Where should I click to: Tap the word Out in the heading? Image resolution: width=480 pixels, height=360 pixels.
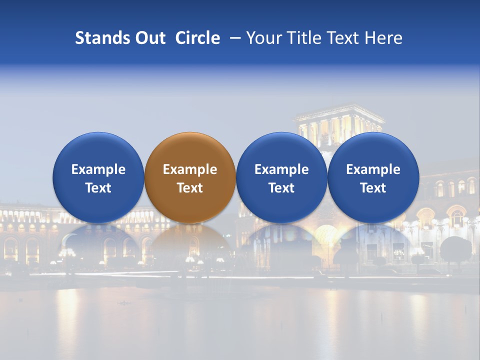(x=148, y=38)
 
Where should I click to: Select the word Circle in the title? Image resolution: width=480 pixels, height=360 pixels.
(x=197, y=38)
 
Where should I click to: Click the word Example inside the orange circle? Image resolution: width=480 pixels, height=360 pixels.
(x=190, y=169)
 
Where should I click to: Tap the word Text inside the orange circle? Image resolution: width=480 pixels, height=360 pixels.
(x=190, y=188)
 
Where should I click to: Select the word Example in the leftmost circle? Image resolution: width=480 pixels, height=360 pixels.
(x=98, y=169)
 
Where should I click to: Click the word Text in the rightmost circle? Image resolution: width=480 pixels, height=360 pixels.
(x=373, y=188)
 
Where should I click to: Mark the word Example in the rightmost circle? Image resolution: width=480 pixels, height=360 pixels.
(x=373, y=169)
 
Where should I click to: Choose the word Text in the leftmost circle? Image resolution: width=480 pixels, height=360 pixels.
(x=98, y=188)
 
